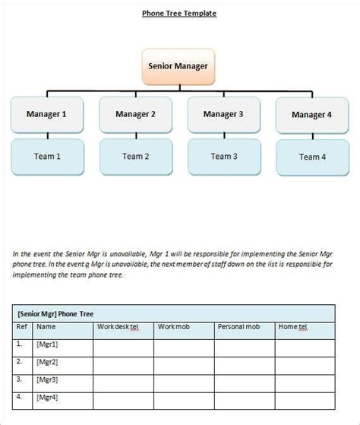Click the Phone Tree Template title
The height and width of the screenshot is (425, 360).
pyautogui.click(x=179, y=13)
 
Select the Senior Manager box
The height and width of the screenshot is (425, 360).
pyautogui.click(x=179, y=65)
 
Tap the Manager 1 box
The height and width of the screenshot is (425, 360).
pyautogui.click(x=48, y=115)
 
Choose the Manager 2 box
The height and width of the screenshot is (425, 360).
pyautogui.click(x=135, y=115)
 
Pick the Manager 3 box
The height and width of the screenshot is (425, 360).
pyautogui.click(x=223, y=115)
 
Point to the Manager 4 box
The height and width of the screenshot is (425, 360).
pyautogui.click(x=311, y=116)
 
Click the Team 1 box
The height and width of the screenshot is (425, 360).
pyautogui.click(x=48, y=157)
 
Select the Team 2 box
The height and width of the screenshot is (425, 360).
pyautogui.click(x=135, y=157)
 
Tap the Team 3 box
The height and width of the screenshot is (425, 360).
pyautogui.click(x=223, y=156)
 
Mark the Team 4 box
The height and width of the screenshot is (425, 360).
pyautogui.click(x=311, y=157)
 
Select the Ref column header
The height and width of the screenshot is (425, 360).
pyautogui.click(x=22, y=327)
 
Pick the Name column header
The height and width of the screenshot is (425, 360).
pyautogui.click(x=46, y=327)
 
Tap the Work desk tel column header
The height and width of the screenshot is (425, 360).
pyautogui.click(x=118, y=327)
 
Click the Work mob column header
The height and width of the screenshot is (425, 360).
pyautogui.click(x=172, y=327)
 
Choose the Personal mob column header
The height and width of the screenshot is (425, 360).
pyautogui.click(x=239, y=327)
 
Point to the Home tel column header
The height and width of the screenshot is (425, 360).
pyautogui.click(x=292, y=327)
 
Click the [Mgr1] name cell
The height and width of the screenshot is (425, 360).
pyautogui.click(x=47, y=344)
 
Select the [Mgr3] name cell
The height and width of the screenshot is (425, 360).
pyautogui.click(x=47, y=379)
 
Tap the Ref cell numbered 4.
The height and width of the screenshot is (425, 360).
pyautogui.click(x=20, y=396)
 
